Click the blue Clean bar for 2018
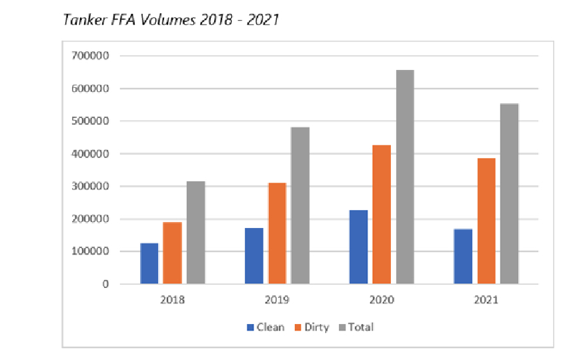pyautogui.click(x=149, y=263)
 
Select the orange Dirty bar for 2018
pyautogui.click(x=172, y=253)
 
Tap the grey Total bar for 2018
pyautogui.click(x=195, y=233)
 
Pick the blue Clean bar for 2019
pyautogui.click(x=253, y=256)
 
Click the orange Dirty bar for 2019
pyautogui.click(x=277, y=233)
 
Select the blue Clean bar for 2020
pyautogui.click(x=358, y=247)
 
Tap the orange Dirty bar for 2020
pyautogui.click(x=382, y=214)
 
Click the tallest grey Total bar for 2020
pyautogui.click(x=405, y=177)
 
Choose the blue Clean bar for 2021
pyautogui.click(x=463, y=257)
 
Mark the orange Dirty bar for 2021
pyautogui.click(x=486, y=221)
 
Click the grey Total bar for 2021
pyautogui.click(x=510, y=193)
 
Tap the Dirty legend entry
pyautogui.click(x=311, y=327)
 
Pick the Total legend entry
pyautogui.click(x=356, y=327)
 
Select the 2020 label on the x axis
pyautogui.click(x=382, y=300)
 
